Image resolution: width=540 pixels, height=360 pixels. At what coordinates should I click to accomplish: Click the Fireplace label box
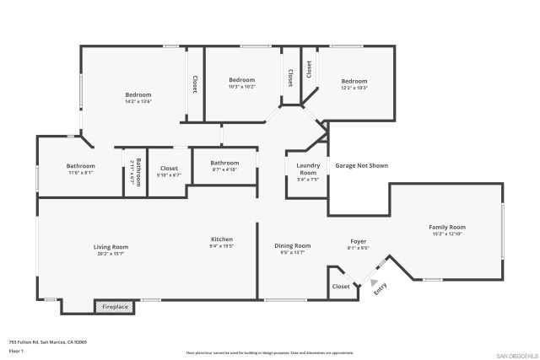coord(115,307)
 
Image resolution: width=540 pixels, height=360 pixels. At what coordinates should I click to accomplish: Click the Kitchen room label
coord(221,239)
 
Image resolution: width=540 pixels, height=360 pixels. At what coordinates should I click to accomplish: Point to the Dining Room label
coord(293,245)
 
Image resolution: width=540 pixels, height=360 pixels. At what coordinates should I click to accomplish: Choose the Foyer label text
coord(359,241)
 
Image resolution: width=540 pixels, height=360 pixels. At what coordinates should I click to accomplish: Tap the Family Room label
coord(447,228)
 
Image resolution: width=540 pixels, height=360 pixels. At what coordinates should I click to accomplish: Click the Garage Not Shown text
coord(361,166)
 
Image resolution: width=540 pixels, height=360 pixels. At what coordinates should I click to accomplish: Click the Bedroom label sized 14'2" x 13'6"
coord(138,95)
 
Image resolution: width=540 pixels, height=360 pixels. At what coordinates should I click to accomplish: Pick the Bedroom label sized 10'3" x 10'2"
coord(241,80)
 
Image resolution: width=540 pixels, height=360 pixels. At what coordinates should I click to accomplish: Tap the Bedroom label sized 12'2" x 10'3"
coord(354,81)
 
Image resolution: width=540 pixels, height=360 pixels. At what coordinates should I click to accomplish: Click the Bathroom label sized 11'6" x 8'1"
coord(81,166)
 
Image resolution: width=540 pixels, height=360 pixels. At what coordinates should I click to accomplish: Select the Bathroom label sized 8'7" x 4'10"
coord(224,163)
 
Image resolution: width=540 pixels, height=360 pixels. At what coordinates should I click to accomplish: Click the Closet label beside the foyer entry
coord(340,287)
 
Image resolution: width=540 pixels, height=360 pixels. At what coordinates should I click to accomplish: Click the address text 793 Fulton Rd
coord(48,342)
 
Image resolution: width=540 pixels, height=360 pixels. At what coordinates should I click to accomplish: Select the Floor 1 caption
coord(16,350)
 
